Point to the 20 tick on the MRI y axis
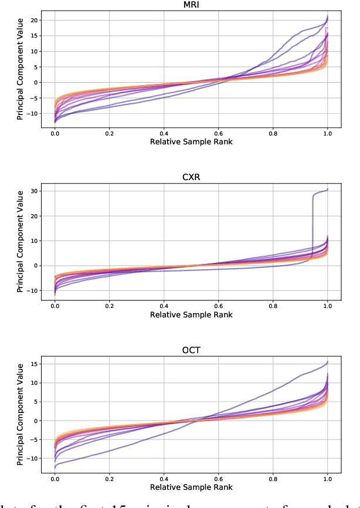pos(35,21)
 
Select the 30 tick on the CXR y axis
pos(35,191)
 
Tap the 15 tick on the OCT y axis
pos(35,364)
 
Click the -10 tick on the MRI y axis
pos(33,113)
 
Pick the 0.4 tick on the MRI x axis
pos(164,134)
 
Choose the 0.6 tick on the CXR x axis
pos(218,307)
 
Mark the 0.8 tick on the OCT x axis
pos(273,479)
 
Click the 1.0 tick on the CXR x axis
pos(327,307)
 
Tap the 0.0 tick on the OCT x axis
pos(55,479)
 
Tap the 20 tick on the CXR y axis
pos(35,216)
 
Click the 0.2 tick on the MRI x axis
pos(109,134)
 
